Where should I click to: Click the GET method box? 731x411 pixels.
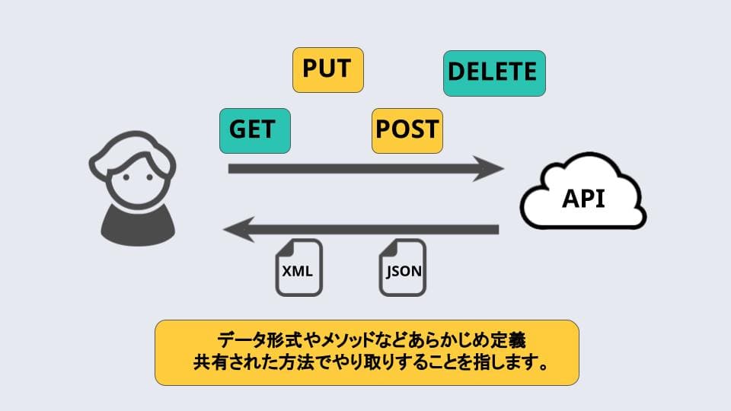[254, 129]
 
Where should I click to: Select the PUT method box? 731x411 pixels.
[327, 69]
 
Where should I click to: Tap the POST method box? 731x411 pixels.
[407, 129]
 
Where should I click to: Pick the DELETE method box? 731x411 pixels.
[494, 73]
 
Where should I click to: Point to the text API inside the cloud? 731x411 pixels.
[583, 199]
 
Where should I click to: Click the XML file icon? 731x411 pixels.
[298, 267]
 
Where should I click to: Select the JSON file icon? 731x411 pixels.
[402, 267]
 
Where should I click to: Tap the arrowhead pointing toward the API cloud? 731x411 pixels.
[488, 168]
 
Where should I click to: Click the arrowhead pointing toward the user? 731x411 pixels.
[238, 229]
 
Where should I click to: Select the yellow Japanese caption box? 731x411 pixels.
[366, 352]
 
